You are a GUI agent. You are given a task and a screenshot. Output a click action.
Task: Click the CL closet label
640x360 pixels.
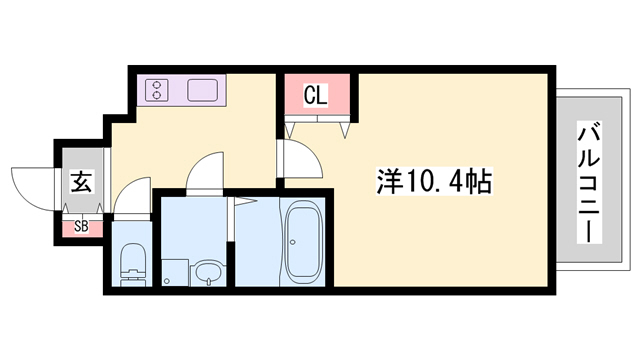coord(315,96)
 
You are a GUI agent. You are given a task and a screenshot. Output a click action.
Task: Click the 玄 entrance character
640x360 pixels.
coord(80,184)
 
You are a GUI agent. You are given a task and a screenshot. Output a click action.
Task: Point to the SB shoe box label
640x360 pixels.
coord(80,227)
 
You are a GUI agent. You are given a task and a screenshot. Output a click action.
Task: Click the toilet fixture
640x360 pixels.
coord(131,262)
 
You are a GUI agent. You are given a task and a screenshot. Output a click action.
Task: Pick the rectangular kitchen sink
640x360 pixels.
coord(203,91)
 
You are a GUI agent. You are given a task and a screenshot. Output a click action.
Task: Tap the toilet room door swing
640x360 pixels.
coord(131,196)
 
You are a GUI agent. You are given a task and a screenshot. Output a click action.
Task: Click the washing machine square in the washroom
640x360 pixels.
coord(175,271)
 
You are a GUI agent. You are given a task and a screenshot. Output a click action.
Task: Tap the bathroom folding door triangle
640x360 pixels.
coord(240,204)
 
